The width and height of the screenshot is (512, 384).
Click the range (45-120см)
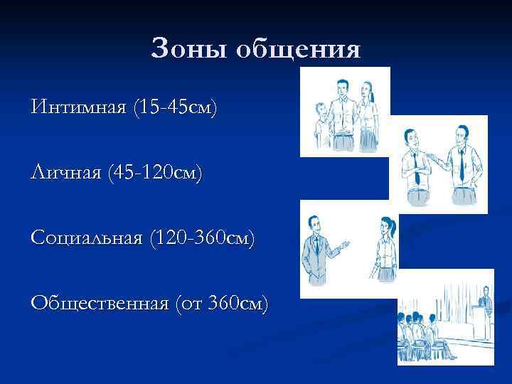pyautogui.click(x=154, y=173)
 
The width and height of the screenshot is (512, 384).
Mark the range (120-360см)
pyautogui.click(x=200, y=237)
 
